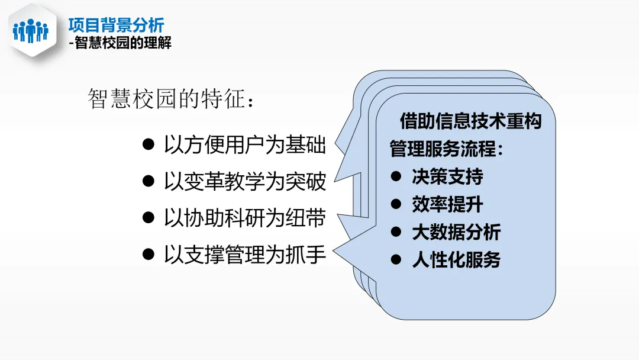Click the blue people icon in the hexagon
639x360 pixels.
click(x=30, y=30)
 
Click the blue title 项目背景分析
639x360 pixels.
click(x=116, y=25)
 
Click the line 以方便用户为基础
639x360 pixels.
click(x=244, y=145)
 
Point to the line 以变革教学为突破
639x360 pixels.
click(x=244, y=182)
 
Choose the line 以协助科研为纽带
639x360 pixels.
click(x=244, y=218)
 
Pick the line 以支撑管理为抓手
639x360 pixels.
click(x=244, y=255)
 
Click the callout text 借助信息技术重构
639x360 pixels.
click(x=470, y=121)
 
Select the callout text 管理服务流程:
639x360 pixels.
click(x=447, y=149)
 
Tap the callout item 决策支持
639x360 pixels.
click(x=447, y=176)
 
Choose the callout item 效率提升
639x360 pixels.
click(x=447, y=204)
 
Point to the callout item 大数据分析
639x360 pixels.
click(x=456, y=232)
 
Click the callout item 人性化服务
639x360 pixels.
click(x=456, y=260)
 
